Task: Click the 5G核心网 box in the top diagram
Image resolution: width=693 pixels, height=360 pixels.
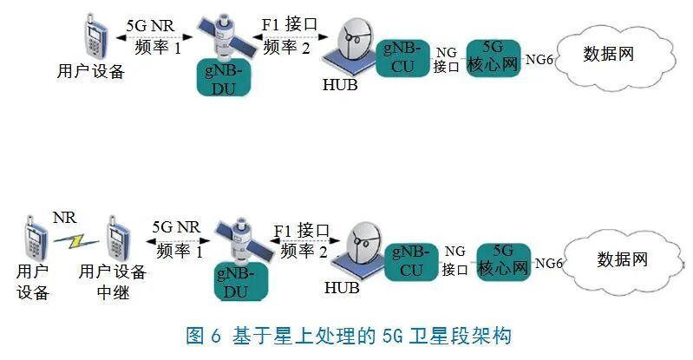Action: [492, 58]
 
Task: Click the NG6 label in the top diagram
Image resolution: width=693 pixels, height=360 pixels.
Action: [539, 59]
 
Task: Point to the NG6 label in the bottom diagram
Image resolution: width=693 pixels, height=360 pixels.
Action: [550, 262]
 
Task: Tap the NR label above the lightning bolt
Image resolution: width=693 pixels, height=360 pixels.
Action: [65, 214]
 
